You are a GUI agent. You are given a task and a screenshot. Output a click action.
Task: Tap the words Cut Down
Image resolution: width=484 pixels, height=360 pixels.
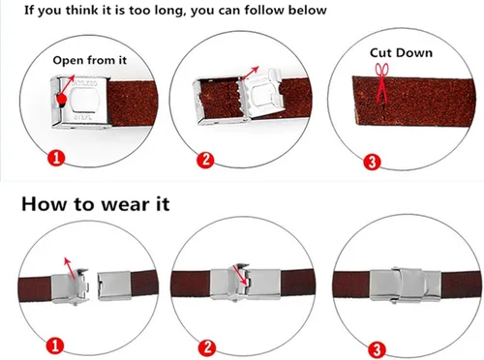tap(401, 53)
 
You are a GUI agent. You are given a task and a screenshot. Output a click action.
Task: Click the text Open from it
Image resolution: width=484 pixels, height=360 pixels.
tap(90, 60)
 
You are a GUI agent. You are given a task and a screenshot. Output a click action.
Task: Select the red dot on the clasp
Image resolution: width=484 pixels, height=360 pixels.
tap(62, 99)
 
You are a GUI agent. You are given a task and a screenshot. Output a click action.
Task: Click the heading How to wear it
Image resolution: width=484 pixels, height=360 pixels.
tap(96, 204)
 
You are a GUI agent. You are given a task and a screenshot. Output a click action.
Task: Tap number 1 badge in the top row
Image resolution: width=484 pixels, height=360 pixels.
tap(56, 158)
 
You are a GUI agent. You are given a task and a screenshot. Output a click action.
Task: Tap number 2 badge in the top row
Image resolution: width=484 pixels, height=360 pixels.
tap(205, 160)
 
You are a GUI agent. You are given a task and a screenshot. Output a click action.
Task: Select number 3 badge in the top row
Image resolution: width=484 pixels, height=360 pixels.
tap(372, 163)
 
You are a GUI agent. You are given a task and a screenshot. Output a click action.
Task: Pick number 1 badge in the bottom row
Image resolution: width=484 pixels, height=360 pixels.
tap(55, 345)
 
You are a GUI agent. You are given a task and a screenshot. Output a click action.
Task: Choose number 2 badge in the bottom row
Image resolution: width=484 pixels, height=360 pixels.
tap(207, 347)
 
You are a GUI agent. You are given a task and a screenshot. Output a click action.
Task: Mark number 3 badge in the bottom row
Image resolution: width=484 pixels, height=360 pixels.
tap(377, 349)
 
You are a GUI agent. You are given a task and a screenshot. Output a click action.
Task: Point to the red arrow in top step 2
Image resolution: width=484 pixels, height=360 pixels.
tap(250, 74)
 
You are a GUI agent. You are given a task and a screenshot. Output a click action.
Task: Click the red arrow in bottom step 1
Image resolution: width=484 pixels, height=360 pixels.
tap(70, 268)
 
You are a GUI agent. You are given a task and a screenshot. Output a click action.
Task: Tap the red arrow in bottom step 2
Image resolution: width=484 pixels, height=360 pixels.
tap(242, 275)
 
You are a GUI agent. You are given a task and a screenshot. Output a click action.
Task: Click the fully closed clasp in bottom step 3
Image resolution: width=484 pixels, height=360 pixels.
tap(405, 285)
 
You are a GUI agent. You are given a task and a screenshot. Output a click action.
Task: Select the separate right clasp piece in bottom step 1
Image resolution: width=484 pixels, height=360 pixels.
tap(114, 285)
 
